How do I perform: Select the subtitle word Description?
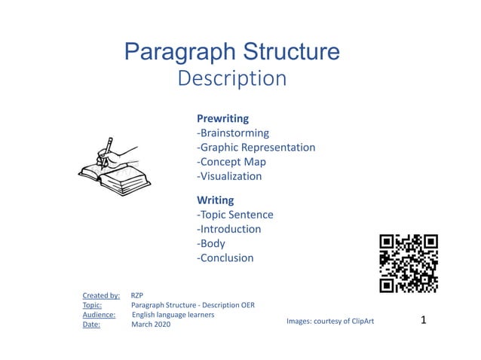[x=231, y=78]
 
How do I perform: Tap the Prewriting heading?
[x=222, y=118]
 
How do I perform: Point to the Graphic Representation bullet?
[x=256, y=147]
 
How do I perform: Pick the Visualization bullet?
[x=229, y=176]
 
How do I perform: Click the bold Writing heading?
[x=215, y=200]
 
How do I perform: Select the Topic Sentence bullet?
[x=234, y=215]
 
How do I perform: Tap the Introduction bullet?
[x=228, y=229]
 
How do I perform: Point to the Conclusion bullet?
[x=225, y=258]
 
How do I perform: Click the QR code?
[x=409, y=263]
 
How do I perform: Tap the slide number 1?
[x=423, y=320]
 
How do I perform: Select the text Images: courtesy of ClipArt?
[x=330, y=321]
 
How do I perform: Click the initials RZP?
[x=137, y=295]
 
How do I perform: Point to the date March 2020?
[x=151, y=325]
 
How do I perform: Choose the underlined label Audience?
[x=99, y=315]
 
